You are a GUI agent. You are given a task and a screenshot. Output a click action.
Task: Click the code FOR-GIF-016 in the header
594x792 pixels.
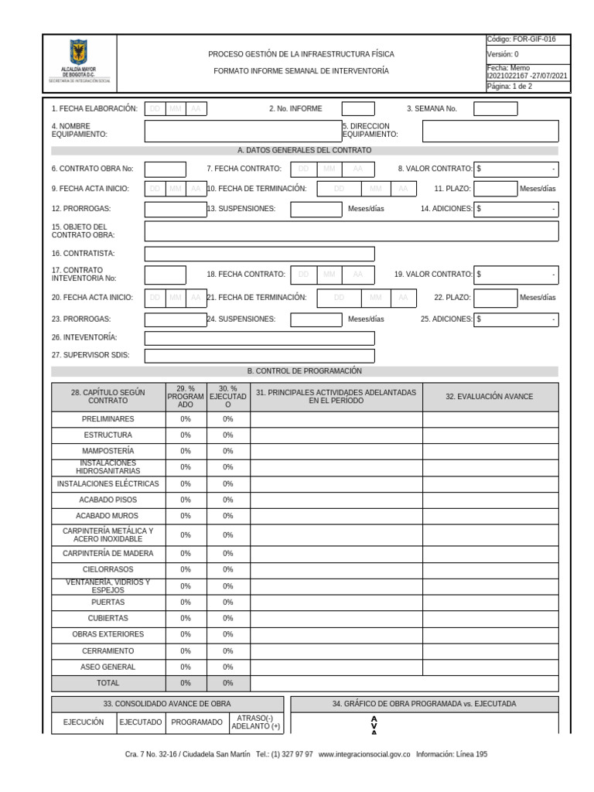[x=521, y=39]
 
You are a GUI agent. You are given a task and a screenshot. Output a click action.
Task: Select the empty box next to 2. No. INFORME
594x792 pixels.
[x=357, y=109]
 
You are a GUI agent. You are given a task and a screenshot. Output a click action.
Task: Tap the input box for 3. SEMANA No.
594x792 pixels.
[x=495, y=109]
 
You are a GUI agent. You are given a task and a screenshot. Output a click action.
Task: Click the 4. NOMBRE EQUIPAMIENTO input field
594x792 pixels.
[x=241, y=131]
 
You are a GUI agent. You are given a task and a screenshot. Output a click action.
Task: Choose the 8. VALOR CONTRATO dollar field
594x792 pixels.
[x=516, y=169]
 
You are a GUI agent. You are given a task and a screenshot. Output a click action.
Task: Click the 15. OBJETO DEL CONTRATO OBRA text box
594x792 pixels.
[x=351, y=231]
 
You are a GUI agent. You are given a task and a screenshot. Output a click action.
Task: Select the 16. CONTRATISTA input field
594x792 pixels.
[x=259, y=254]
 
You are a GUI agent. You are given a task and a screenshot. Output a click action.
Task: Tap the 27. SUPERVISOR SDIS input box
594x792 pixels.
[x=259, y=356]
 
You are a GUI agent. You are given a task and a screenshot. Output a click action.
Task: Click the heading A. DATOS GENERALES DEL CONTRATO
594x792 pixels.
[x=304, y=150]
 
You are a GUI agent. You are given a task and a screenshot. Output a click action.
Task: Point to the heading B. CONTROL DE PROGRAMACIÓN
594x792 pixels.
[x=304, y=371]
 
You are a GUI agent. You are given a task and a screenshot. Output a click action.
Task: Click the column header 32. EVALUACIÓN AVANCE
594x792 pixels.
[x=489, y=397]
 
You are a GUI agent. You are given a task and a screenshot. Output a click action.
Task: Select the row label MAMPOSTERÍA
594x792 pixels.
[x=108, y=451]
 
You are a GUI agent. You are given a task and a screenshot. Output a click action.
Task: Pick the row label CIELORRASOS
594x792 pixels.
[x=108, y=570]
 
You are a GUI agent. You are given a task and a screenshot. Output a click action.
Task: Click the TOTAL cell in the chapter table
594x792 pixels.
[x=108, y=684]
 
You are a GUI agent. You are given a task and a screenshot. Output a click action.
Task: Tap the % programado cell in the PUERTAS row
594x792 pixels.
[x=186, y=603]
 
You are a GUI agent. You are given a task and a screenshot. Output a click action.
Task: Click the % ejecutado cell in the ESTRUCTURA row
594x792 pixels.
[x=227, y=435]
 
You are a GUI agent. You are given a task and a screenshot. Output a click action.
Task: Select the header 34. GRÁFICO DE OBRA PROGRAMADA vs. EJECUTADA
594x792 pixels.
[x=424, y=704]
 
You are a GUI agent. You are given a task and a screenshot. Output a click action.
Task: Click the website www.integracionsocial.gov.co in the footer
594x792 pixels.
[x=364, y=755]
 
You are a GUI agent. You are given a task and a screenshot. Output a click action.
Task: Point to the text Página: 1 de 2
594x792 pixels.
[x=509, y=87]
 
